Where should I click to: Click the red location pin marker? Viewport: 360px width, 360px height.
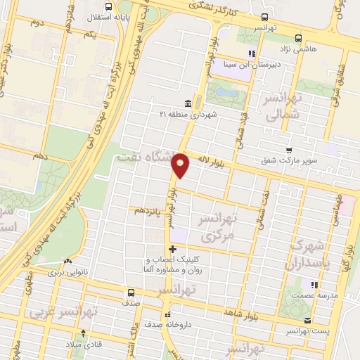click(181, 165)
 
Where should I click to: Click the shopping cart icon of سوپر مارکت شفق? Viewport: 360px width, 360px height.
click(289, 150)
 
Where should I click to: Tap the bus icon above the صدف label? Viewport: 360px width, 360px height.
click(131, 293)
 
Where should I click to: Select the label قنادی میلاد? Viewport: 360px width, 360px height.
click(84, 344)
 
